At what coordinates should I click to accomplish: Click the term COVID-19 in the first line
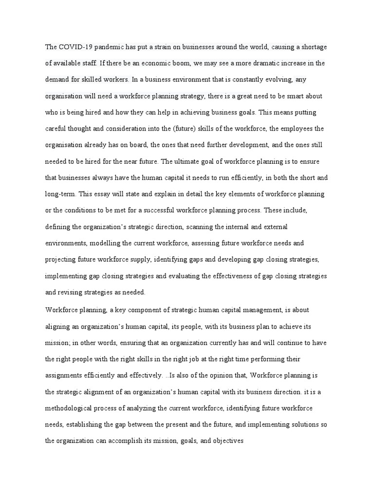[75, 47]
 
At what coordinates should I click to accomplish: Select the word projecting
[62, 260]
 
